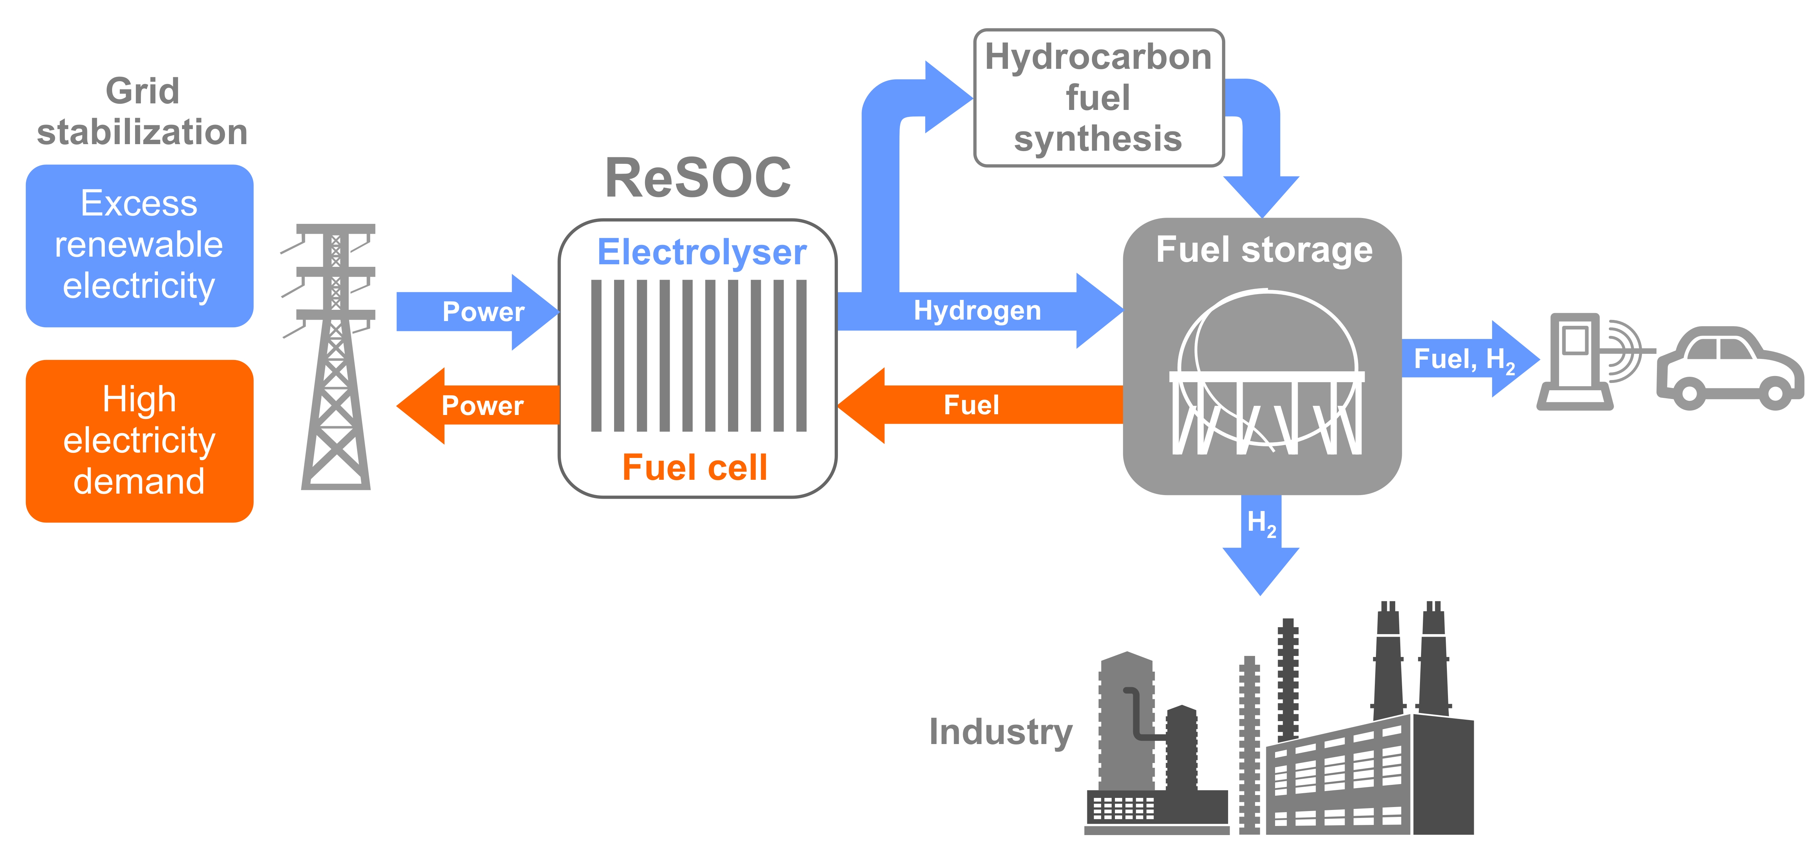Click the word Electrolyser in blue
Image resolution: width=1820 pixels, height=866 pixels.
(701, 252)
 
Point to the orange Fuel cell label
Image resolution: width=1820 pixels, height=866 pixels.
(695, 468)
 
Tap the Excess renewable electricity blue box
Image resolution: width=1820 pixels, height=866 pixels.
(139, 245)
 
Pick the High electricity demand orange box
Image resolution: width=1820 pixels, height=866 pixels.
(139, 441)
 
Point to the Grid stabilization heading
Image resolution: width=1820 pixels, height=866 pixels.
(142, 112)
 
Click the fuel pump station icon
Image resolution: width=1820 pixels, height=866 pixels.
(1575, 362)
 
